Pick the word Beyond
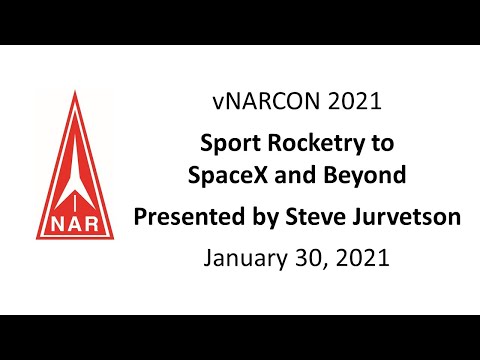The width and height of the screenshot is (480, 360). (x=371, y=176)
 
